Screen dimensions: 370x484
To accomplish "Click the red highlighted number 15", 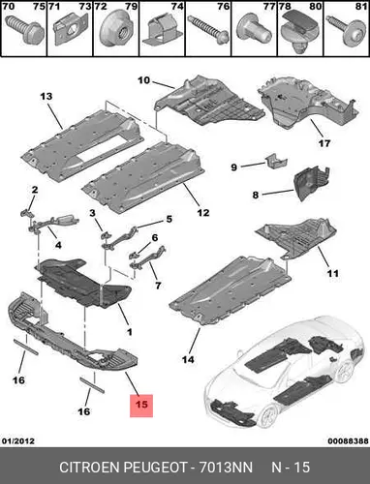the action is click(x=141, y=406).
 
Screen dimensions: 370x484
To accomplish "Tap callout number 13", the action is click(x=46, y=96).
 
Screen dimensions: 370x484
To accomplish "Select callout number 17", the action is click(x=324, y=143).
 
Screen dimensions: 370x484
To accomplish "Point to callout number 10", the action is click(x=144, y=80).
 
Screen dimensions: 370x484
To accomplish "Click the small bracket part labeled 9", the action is click(x=277, y=161).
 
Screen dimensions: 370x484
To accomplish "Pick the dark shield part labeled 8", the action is click(x=312, y=183).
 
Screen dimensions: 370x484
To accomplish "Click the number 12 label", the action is click(x=203, y=213).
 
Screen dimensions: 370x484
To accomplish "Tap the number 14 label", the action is click(x=188, y=359).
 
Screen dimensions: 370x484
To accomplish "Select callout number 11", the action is click(x=333, y=274).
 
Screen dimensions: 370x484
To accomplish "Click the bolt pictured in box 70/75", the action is click(x=30, y=29).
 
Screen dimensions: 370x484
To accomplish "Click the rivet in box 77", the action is click(x=254, y=30).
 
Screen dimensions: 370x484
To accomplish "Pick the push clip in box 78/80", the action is click(x=300, y=32).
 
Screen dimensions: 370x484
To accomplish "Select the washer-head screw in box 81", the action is click(x=346, y=29).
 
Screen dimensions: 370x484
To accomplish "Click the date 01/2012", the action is click(x=18, y=440).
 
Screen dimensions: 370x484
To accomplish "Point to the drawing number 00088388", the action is click(x=348, y=440).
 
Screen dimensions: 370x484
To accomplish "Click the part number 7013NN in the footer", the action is click(x=226, y=468).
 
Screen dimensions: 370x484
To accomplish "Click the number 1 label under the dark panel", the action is click(x=130, y=332).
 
